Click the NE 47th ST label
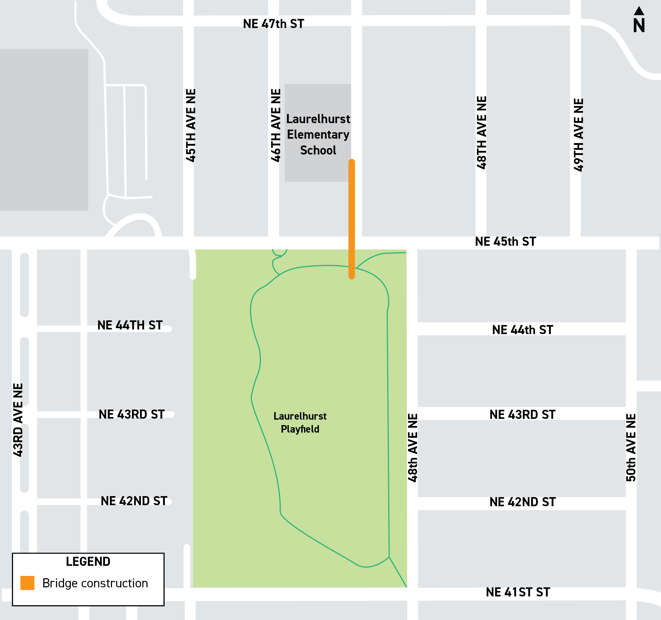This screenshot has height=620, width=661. [x=273, y=24]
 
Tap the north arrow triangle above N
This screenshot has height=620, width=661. [x=639, y=11]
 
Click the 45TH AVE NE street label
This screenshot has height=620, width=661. [x=191, y=125]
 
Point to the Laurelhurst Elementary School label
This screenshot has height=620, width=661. [x=318, y=134]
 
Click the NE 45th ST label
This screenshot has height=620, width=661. [x=505, y=242]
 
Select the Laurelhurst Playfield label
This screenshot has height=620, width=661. [x=300, y=422]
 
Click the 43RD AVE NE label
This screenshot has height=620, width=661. [x=18, y=420]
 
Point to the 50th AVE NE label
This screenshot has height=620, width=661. [x=631, y=447]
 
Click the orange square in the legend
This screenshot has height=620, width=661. [x=27, y=583]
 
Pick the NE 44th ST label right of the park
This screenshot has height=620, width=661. [x=522, y=330]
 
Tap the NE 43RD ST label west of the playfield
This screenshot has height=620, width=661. [x=132, y=414]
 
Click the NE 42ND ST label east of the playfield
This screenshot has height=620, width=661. [x=522, y=502]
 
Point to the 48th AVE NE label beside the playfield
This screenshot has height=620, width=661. [x=412, y=447]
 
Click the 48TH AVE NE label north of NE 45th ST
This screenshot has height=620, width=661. [x=481, y=133]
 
